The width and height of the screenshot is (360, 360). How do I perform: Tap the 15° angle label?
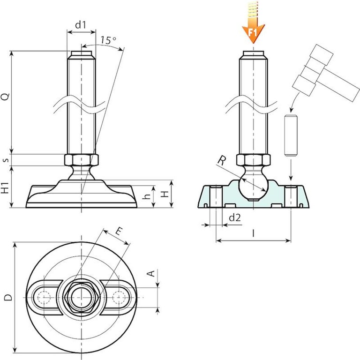(x=108, y=40)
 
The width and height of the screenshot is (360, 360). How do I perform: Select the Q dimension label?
(x=5, y=97)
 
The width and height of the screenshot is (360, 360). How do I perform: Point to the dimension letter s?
(x=5, y=160)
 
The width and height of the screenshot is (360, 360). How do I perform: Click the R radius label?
(x=221, y=160)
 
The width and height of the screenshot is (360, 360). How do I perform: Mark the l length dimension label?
(x=253, y=233)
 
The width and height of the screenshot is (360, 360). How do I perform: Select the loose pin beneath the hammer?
(x=291, y=135)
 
